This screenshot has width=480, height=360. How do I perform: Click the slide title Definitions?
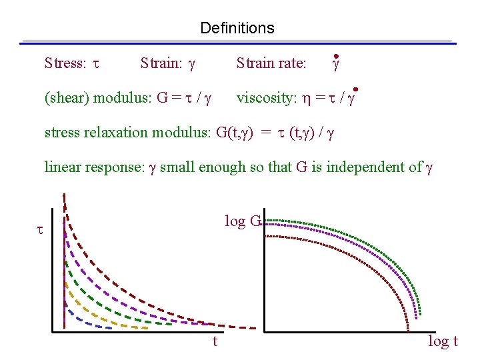pyautogui.click(x=237, y=28)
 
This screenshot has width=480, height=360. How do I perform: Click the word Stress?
pyautogui.click(x=65, y=63)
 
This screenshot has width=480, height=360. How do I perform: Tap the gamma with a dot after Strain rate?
pyautogui.click(x=337, y=64)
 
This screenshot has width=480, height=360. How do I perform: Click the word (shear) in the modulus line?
pyautogui.click(x=67, y=99)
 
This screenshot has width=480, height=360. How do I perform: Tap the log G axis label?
pyautogui.click(x=243, y=221)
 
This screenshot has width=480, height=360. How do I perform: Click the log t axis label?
pyautogui.click(x=443, y=341)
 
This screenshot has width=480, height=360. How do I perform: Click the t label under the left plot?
pyautogui.click(x=215, y=341)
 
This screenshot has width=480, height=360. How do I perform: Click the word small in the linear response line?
pyautogui.click(x=175, y=167)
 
